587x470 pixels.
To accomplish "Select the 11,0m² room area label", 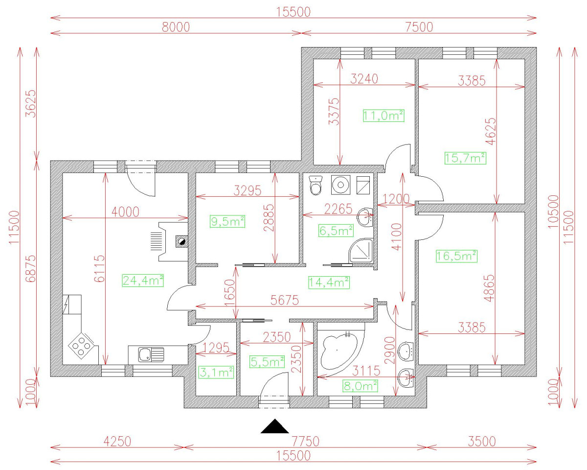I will point(384,116).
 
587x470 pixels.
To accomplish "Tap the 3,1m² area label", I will point(215,373).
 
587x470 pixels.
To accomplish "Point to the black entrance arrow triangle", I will point(274,426).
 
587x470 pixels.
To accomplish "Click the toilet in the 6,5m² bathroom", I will point(317,186).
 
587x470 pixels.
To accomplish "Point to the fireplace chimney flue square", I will point(181,241).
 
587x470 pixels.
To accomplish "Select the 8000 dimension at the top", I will point(176,27).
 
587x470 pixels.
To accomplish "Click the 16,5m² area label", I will point(456,256).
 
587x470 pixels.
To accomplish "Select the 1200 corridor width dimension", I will point(397,199).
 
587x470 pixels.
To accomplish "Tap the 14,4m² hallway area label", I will point(329,282).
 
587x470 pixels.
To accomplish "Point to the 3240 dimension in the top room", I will point(364,79).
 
